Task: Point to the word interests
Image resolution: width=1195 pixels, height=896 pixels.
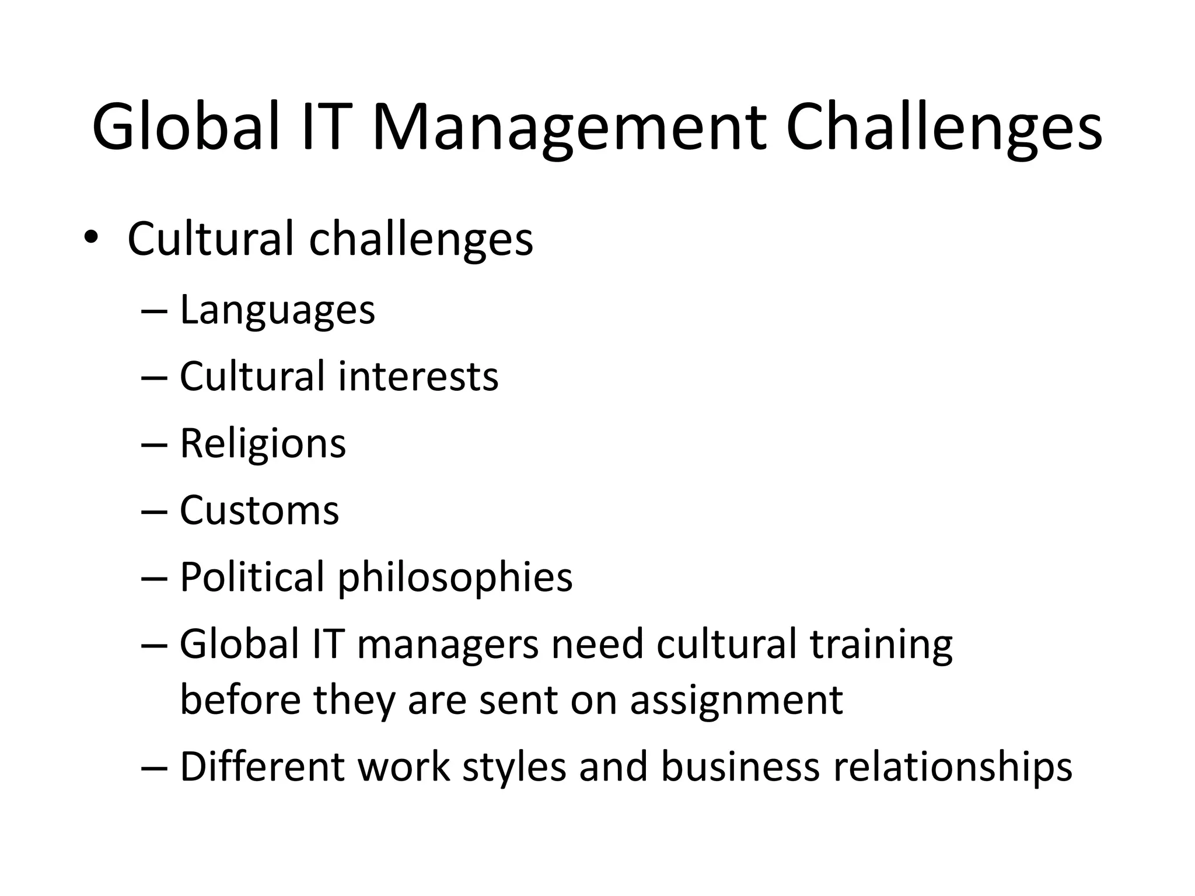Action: pyautogui.click(x=418, y=376)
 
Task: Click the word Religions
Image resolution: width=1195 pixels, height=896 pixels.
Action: pyautogui.click(x=263, y=443)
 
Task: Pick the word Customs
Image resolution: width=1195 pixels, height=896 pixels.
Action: pyautogui.click(x=259, y=510)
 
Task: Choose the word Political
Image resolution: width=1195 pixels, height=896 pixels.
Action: pyautogui.click(x=251, y=577)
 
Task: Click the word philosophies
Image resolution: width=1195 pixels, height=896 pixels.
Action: pyautogui.click(x=455, y=577)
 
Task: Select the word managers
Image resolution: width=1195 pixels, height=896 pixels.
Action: pyautogui.click(x=448, y=644)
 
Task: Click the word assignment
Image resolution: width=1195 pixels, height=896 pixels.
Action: pyautogui.click(x=736, y=699)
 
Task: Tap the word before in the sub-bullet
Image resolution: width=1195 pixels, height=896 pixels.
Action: pyautogui.click(x=240, y=699)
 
